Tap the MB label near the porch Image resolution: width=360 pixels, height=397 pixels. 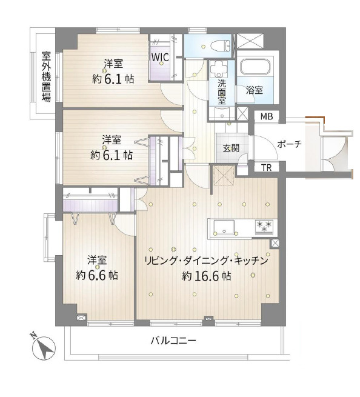[x=266, y=116]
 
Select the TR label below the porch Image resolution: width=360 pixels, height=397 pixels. [x=266, y=168]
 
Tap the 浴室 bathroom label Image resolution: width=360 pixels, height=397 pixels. [x=254, y=90]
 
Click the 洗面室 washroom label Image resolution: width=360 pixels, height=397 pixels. [x=222, y=90]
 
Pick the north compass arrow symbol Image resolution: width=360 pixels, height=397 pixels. [x=42, y=346]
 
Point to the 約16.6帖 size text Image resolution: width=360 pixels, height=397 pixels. [x=206, y=276]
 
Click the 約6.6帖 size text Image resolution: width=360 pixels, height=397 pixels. [x=97, y=275]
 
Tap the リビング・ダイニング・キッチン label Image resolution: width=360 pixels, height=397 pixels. [x=206, y=261]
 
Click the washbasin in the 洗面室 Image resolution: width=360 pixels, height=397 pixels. [x=219, y=70]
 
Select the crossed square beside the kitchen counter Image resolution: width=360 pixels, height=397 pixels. [x=275, y=243]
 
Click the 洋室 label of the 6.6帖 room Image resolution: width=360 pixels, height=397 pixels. [x=97, y=260]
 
